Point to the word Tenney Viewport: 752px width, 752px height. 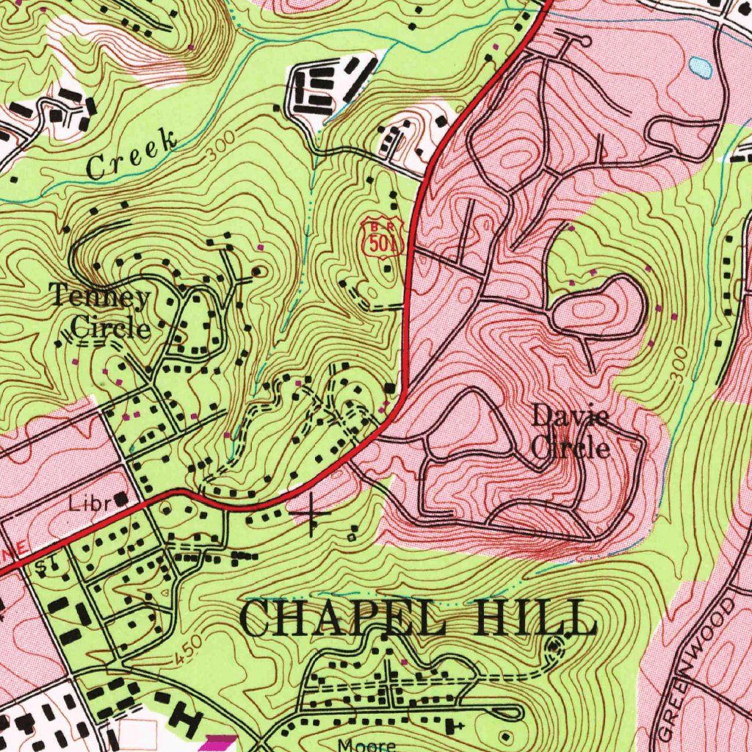(101, 297)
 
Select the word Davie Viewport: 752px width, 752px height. (570, 416)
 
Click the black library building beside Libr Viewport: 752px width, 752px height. (119, 499)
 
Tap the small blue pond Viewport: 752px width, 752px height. (700, 68)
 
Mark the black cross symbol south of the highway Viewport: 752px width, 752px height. (311, 512)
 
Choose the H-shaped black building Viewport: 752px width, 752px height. (187, 720)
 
